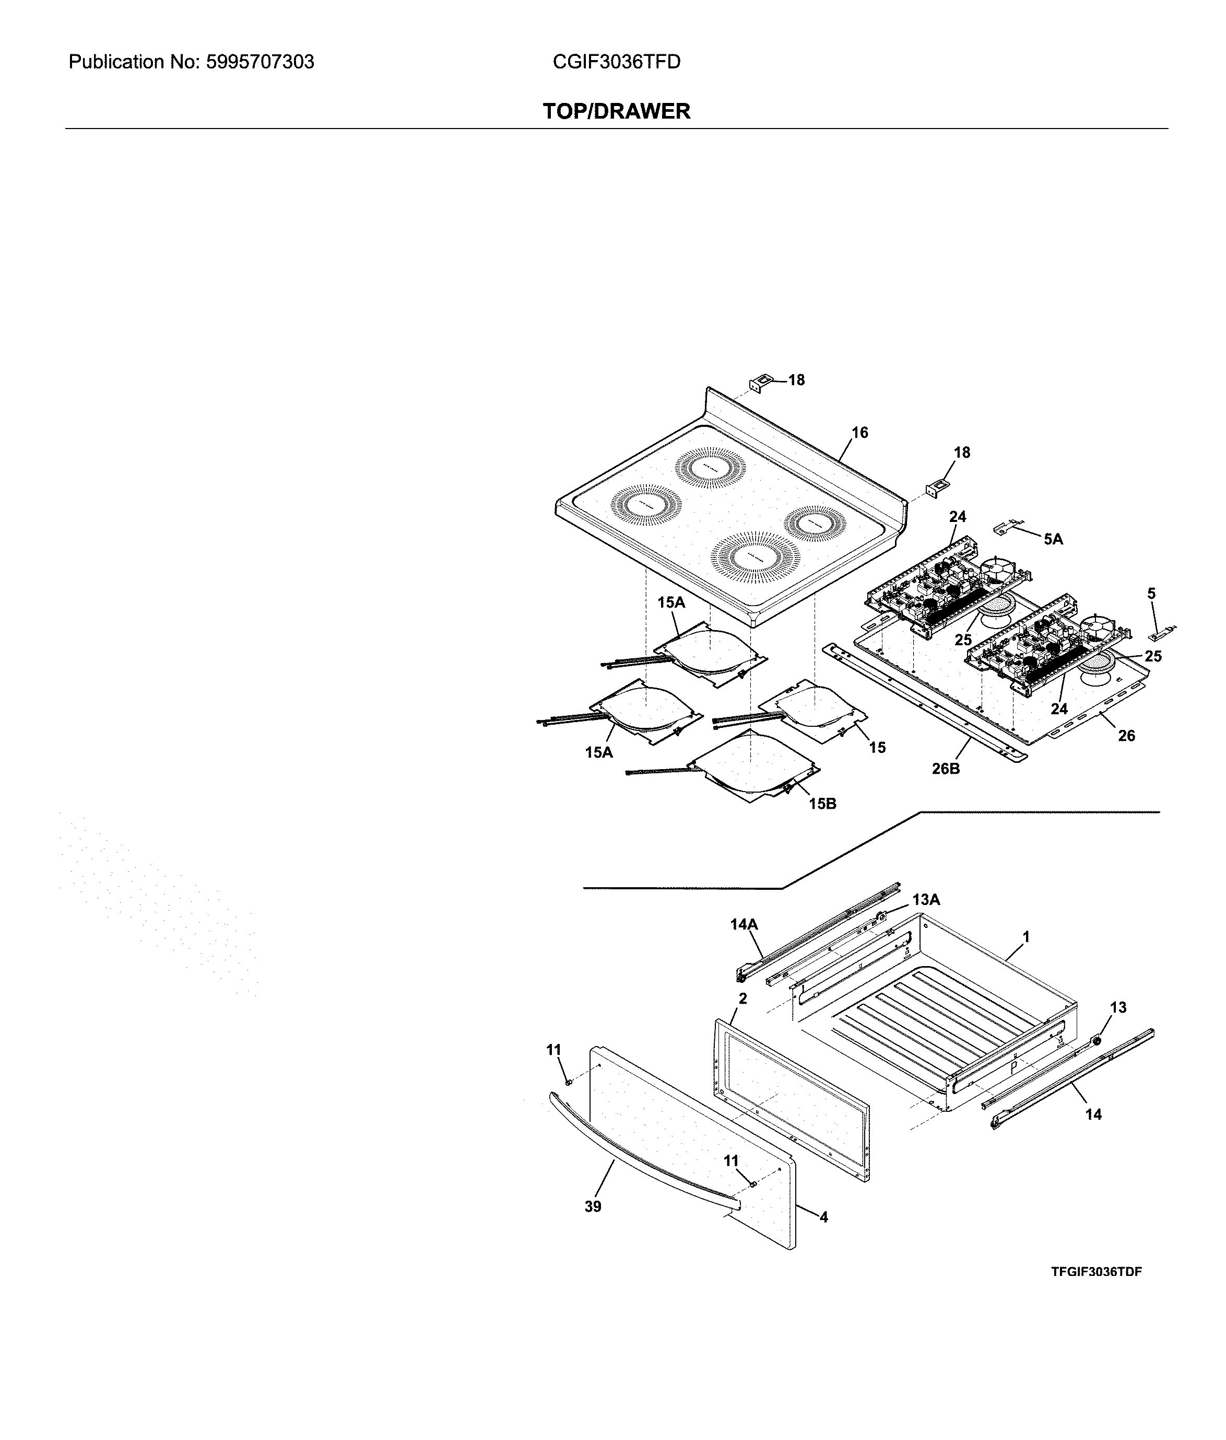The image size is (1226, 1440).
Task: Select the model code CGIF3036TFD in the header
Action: point(616,63)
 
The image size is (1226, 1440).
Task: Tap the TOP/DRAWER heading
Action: point(616,111)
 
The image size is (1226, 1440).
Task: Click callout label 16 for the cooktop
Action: point(859,433)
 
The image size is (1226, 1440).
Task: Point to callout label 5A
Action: point(1052,539)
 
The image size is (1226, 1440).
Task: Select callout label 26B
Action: point(946,769)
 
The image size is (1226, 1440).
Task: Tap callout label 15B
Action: point(822,804)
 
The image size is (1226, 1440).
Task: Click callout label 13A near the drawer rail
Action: point(925,900)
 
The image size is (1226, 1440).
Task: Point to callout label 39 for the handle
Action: point(593,1207)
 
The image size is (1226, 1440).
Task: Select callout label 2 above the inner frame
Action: point(742,998)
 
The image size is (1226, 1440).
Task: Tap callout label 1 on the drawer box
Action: point(1025,937)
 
